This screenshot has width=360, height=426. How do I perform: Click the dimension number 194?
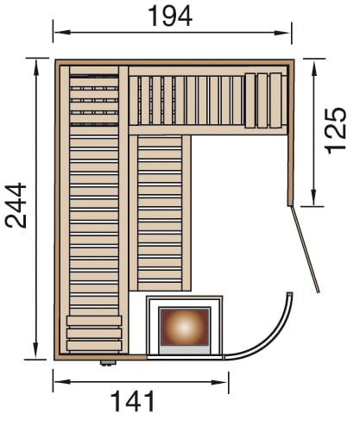[x=170, y=16]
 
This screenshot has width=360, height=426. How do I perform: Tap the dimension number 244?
[x=16, y=205]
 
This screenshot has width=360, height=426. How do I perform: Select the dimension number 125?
[x=335, y=131]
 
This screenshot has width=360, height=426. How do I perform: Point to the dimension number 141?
[x=133, y=401]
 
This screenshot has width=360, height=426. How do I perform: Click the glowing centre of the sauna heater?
[x=185, y=327]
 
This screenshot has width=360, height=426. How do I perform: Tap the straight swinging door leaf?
[x=305, y=249]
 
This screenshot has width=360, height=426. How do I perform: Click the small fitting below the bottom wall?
[x=108, y=363]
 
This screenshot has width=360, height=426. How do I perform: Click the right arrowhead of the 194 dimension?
[x=282, y=33]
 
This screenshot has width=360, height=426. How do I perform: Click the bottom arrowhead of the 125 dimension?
[x=313, y=197]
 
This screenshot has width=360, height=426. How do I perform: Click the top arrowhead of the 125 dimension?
[x=313, y=67]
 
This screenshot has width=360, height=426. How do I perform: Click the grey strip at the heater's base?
[x=185, y=349]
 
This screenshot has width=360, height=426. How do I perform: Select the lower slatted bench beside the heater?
[x=160, y=213]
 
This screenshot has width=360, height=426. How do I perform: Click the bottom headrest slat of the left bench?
[x=94, y=345]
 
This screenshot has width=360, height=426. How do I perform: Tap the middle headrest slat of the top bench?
[x=262, y=100]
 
